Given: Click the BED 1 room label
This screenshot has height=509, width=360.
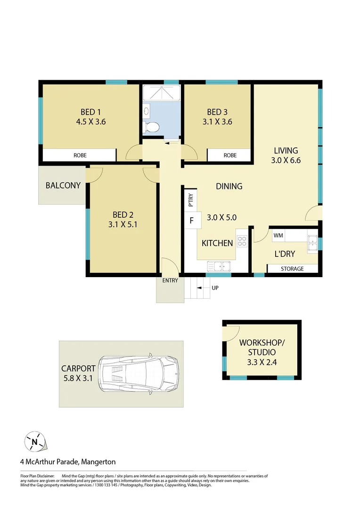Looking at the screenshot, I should point(91,112).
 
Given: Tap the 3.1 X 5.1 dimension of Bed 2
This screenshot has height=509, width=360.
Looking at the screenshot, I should point(123,224).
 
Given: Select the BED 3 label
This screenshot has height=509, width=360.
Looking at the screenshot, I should point(217,112).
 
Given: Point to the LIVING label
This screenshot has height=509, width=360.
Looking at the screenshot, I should point(286,151).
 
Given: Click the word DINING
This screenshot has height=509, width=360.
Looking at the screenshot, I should point(229,186).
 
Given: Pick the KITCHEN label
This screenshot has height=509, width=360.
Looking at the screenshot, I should point(217,243).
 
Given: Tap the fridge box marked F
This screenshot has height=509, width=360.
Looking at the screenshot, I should point(192,220).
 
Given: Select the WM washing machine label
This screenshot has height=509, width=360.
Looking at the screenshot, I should point(278,235).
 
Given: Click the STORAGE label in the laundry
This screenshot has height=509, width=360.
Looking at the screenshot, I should point(292,269).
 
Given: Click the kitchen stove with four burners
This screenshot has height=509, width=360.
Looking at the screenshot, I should point(242,241).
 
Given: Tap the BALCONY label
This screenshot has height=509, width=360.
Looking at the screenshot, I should point(63,185).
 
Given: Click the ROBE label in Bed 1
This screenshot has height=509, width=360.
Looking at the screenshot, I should point(80,155).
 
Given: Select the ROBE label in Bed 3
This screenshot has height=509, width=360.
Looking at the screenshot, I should point(230,155).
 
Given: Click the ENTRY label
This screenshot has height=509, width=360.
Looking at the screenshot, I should point(170,280).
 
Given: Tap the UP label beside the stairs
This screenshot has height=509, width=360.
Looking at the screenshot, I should point(215,287).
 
